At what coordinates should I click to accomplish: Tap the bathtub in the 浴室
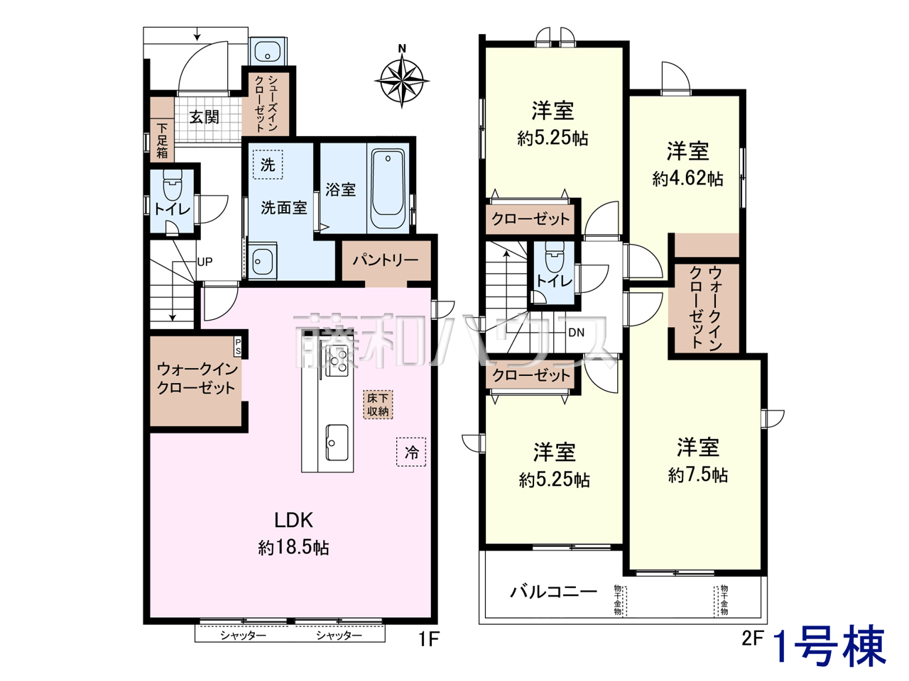coord(388,189)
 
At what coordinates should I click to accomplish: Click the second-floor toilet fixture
coord(555,255)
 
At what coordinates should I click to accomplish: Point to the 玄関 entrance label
coord(204,117)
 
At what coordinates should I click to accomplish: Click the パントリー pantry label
coord(386,260)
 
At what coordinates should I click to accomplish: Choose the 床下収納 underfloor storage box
coord(378,404)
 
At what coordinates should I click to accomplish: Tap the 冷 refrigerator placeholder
coord(411,452)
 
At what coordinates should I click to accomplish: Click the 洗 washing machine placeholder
coord(268,165)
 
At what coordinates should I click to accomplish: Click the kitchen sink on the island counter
coord(337,442)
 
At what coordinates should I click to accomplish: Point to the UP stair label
coord(205,262)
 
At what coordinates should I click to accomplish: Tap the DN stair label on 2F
coord(576,333)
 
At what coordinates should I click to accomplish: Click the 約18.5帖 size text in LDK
coord(293,548)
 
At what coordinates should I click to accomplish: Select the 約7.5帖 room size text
coord(698,475)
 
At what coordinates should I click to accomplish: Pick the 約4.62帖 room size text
coord(688,179)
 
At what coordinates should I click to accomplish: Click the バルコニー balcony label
coord(553,592)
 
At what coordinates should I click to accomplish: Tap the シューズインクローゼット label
coord(266,104)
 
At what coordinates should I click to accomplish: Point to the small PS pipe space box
coord(238,347)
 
